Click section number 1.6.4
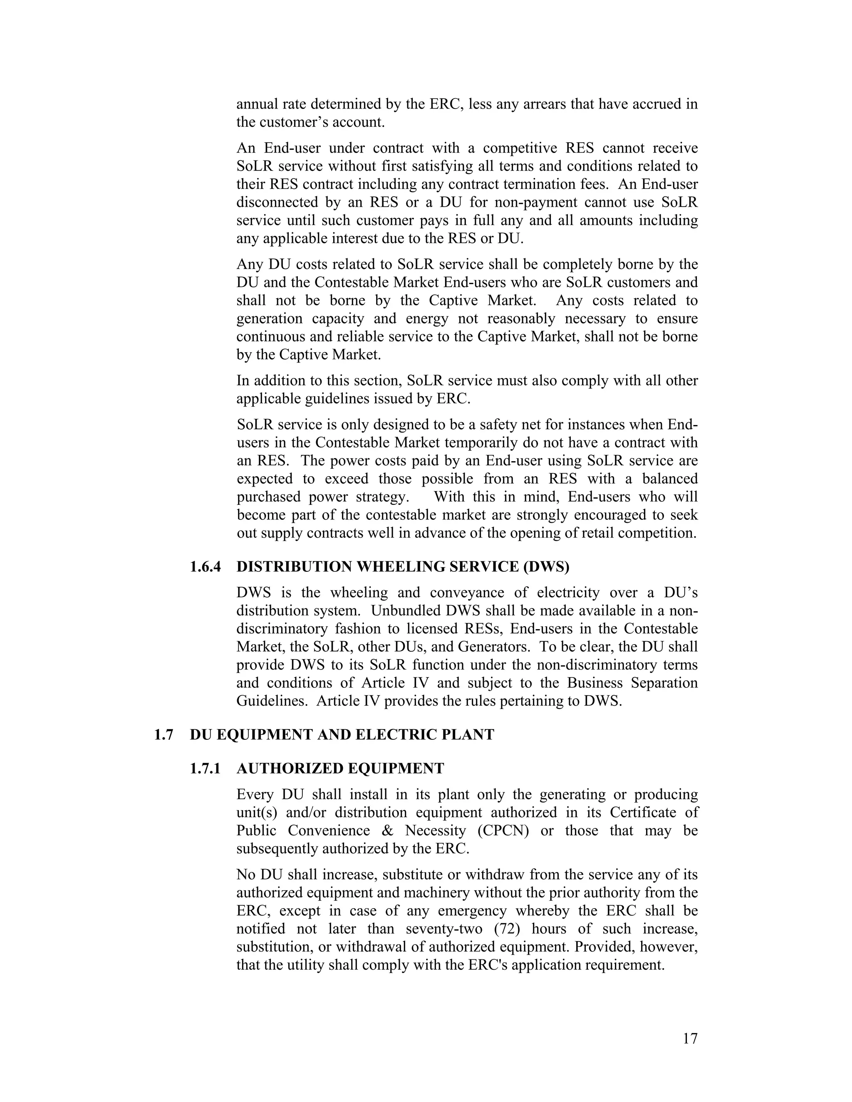tap(205, 567)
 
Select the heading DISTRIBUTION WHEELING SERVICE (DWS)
tap(403, 567)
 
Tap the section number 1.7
tap(163, 734)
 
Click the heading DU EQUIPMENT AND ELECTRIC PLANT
tap(342, 734)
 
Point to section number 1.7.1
tap(205, 768)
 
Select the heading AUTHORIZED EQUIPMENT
tap(340, 768)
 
